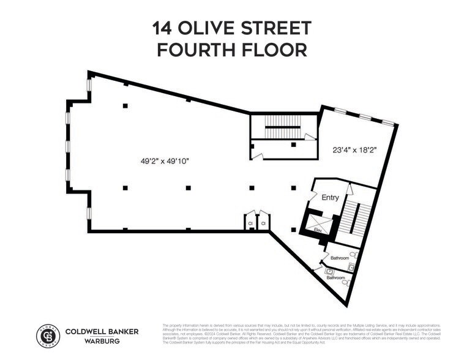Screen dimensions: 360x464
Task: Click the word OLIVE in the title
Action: pyautogui.click(x=208, y=28)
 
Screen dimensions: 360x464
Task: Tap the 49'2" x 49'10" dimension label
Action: pyautogui.click(x=164, y=161)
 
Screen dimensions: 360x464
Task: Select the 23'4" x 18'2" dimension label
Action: pyautogui.click(x=354, y=149)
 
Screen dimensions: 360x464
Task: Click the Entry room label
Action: pyautogui.click(x=330, y=197)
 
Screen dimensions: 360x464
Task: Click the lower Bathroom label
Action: pyautogui.click(x=335, y=277)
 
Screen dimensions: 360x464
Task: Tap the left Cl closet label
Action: pyautogui.click(x=250, y=224)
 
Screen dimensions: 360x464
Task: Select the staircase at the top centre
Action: pyautogui.click(x=282, y=129)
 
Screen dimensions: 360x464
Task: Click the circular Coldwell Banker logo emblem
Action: pyautogui.click(x=48, y=336)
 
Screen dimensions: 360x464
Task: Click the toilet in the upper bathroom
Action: pyautogui.click(x=353, y=255)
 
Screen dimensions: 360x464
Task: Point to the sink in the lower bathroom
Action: pyautogui.click(x=330, y=271)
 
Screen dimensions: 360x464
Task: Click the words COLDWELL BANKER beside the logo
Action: pyautogui.click(x=102, y=331)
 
